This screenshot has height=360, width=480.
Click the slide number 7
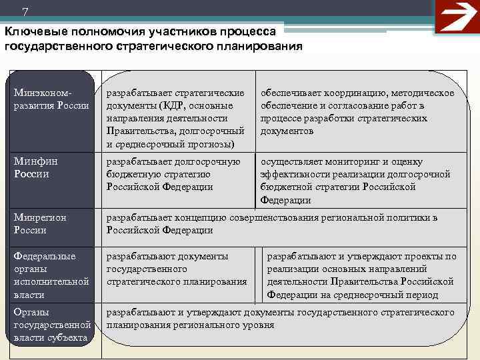pos(25,11)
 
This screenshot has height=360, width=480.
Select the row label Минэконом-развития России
pos(51,99)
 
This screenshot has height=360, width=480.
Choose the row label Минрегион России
pos(39,223)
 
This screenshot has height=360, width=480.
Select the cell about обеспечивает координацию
pos(357,112)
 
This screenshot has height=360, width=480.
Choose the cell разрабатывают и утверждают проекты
pos(361,275)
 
